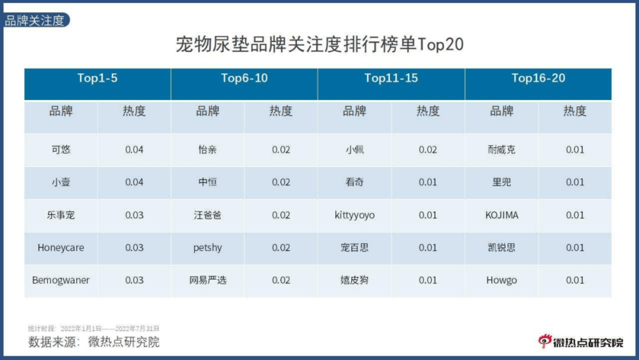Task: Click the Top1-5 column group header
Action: (x=97, y=78)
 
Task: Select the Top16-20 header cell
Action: (x=538, y=78)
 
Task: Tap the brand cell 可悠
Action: (x=61, y=149)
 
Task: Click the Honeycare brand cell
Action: (x=61, y=247)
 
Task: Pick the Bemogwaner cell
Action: (x=61, y=280)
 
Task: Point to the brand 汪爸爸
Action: (x=207, y=215)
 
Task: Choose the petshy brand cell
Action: (x=207, y=247)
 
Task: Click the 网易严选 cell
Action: (x=207, y=280)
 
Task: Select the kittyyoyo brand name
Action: (x=354, y=215)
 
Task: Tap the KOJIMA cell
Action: (x=501, y=215)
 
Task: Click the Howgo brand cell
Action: (x=501, y=280)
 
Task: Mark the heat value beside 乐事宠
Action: (x=134, y=215)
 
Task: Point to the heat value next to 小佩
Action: (x=428, y=149)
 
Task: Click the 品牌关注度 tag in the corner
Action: (x=35, y=21)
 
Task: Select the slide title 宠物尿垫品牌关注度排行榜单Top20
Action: (x=319, y=44)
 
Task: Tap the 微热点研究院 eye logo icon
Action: (x=544, y=341)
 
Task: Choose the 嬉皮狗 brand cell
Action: (x=354, y=280)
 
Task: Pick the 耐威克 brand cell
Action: (x=501, y=149)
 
